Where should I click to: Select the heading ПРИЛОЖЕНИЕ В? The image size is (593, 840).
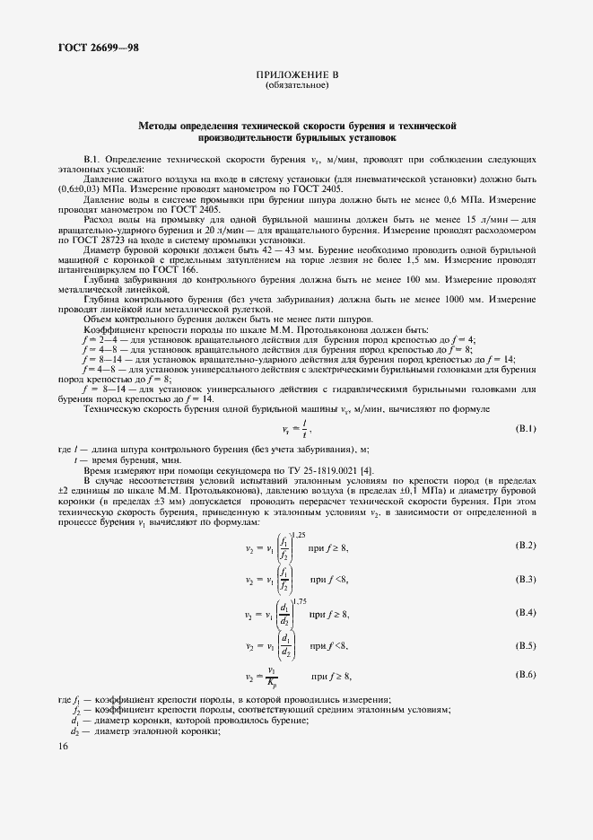(x=296, y=76)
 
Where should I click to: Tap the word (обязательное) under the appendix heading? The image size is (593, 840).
(x=296, y=86)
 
